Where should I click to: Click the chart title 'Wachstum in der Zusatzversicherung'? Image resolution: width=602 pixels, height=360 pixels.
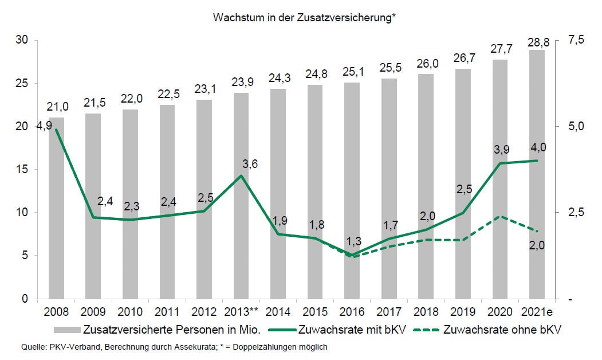(x=305, y=18)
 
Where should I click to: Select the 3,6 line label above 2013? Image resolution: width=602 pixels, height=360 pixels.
(x=250, y=164)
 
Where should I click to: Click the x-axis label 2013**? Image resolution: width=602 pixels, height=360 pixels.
(x=241, y=313)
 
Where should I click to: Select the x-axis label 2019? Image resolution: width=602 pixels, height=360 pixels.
(x=463, y=313)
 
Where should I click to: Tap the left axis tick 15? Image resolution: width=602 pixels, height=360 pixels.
(x=23, y=170)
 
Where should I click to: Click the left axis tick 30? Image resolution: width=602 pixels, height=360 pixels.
(x=23, y=40)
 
